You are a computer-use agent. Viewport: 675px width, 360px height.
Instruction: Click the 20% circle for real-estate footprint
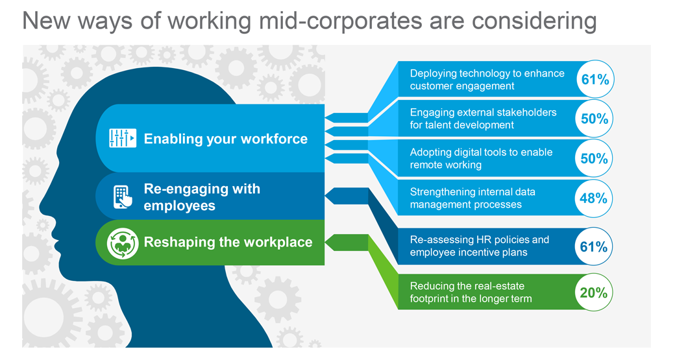pos(594,292)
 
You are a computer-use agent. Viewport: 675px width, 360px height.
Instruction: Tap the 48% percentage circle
pos(594,198)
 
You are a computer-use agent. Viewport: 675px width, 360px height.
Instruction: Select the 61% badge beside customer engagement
pos(595,79)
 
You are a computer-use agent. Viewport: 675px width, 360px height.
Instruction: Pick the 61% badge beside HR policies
pos(594,246)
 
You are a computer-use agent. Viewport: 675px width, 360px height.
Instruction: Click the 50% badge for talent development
pos(594,119)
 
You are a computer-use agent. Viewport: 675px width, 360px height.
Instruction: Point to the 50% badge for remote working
pos(594,158)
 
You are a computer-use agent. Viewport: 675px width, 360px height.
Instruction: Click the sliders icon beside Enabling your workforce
pos(123,138)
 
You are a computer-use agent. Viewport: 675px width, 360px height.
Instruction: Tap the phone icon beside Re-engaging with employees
pos(123,197)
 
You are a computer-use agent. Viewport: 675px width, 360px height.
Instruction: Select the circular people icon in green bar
pos(123,243)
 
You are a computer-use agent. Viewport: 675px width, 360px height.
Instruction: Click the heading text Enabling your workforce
pos(226,139)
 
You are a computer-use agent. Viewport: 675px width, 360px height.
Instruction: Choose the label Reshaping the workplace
pos(228,242)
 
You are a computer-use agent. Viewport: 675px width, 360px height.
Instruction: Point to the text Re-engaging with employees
pos(202,197)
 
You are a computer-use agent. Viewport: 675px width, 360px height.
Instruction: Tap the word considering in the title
pos(534,21)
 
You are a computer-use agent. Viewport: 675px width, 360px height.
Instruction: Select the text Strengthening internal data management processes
pos(472,198)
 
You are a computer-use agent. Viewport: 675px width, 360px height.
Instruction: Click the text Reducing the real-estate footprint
pos(471,292)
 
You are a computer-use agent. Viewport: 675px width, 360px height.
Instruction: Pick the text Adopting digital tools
pos(465,152)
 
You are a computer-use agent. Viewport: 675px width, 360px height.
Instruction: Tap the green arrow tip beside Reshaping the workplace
pos(325,243)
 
